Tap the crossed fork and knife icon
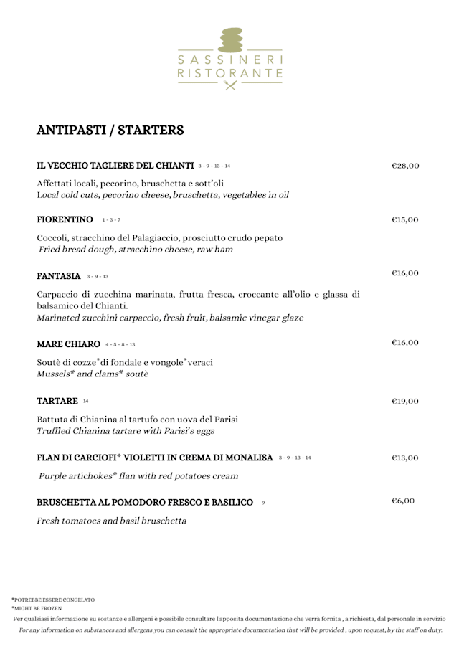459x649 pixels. click(x=229, y=85)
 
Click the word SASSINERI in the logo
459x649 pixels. click(x=229, y=59)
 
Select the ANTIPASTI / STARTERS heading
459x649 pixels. click(x=110, y=131)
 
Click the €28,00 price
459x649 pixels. click(x=405, y=166)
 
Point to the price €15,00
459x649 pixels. click(x=405, y=220)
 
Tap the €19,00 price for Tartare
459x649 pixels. click(x=405, y=402)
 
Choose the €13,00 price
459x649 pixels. click(x=405, y=458)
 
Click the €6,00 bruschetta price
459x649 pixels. click(x=403, y=501)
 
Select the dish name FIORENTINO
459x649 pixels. click(x=65, y=219)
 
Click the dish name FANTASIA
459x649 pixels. click(x=58, y=275)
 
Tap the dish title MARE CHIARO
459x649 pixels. click(x=68, y=344)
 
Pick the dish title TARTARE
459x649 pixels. click(x=57, y=401)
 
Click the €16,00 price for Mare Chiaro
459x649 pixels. click(x=405, y=343)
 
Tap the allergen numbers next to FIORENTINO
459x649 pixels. click(x=111, y=220)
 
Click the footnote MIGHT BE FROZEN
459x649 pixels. click(x=37, y=608)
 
